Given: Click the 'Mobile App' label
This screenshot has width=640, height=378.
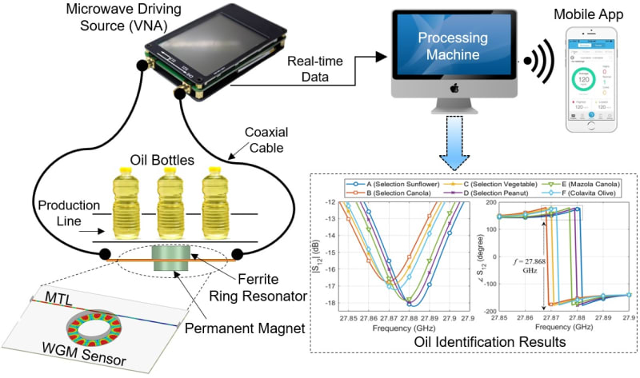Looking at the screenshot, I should [x=594, y=14].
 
